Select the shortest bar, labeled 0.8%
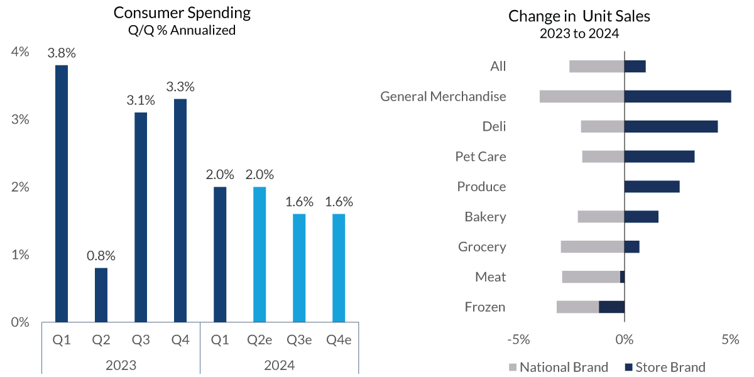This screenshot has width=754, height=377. (101, 295)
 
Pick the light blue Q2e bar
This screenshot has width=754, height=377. (260, 254)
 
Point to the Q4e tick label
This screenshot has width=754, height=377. (339, 341)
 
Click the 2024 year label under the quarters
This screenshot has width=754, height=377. (279, 365)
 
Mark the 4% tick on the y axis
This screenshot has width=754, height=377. (20, 52)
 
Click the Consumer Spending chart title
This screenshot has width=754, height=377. (182, 13)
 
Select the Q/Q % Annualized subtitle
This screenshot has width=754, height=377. (182, 30)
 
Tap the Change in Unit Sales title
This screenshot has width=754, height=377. (579, 16)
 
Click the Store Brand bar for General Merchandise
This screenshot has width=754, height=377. (677, 96)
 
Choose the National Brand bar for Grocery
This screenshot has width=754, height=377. (593, 247)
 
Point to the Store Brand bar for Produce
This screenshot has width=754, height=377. (652, 187)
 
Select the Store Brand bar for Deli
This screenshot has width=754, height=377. (670, 126)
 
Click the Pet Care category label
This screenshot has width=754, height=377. (481, 156)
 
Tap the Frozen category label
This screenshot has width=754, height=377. (485, 307)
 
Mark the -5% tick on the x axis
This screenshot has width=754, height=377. (518, 340)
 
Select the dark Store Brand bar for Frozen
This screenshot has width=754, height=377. (611, 307)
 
